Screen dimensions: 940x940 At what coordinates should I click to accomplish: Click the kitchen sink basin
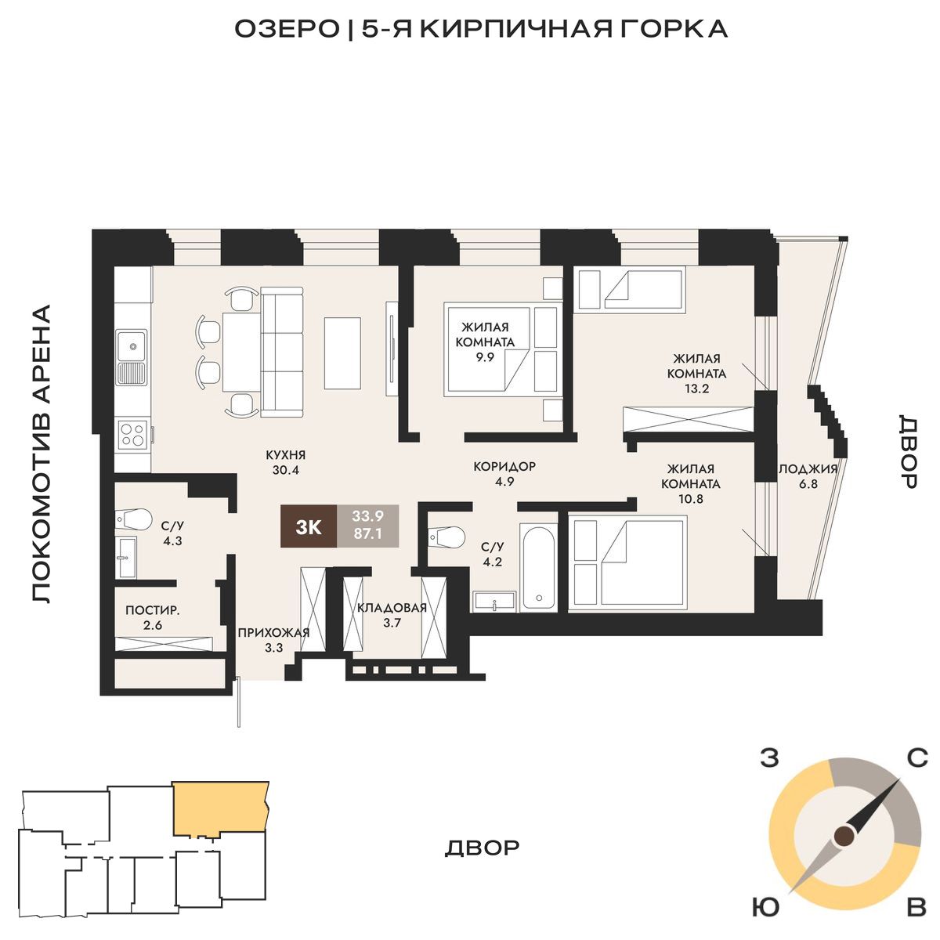click(x=132, y=346)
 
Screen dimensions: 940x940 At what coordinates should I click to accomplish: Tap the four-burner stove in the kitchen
click(x=132, y=434)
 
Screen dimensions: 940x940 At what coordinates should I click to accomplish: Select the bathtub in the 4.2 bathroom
click(x=537, y=566)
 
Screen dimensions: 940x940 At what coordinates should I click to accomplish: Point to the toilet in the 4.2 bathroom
click(x=446, y=537)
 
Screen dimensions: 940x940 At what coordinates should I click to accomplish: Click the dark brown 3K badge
click(x=309, y=527)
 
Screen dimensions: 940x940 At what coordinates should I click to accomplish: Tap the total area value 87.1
click(x=368, y=533)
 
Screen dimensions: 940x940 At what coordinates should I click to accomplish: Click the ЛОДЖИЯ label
click(x=808, y=469)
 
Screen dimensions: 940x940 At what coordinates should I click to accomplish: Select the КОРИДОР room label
click(x=504, y=466)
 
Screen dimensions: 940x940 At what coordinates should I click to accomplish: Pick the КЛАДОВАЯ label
click(x=392, y=608)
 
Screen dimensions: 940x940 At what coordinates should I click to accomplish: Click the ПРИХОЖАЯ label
click(x=273, y=633)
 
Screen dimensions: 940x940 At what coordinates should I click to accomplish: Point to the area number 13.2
click(x=696, y=389)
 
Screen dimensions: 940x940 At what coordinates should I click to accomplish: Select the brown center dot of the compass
click(x=844, y=837)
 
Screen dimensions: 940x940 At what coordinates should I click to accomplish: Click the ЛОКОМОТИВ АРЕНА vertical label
click(x=42, y=454)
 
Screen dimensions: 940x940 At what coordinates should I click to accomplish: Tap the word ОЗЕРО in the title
click(x=287, y=29)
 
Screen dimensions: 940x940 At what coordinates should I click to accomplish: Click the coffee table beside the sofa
click(x=342, y=352)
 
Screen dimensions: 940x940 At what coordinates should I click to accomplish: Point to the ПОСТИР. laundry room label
click(x=153, y=610)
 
